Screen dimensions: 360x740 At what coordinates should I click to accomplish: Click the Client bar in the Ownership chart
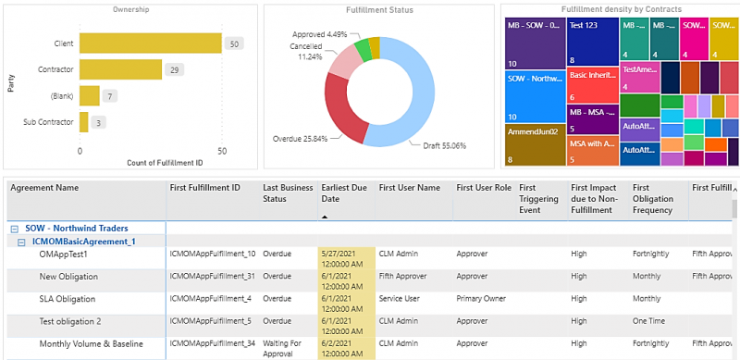pyautogui.click(x=150, y=43)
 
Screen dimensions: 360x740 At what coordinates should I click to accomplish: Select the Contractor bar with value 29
pyautogui.click(x=120, y=69)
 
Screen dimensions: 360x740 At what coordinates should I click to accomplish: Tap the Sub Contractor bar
pyautogui.click(x=84, y=121)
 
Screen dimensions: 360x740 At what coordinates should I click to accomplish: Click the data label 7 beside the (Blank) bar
pyautogui.click(x=110, y=95)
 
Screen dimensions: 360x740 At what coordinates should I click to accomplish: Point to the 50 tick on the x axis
pyautogui.click(x=222, y=150)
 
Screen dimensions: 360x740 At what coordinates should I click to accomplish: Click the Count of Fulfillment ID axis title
pyautogui.click(x=152, y=163)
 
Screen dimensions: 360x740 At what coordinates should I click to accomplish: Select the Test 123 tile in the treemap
pyautogui.click(x=591, y=42)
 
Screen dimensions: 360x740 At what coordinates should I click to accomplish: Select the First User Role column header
pyautogui.click(x=484, y=188)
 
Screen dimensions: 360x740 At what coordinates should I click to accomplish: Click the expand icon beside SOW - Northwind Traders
pyautogui.click(x=14, y=228)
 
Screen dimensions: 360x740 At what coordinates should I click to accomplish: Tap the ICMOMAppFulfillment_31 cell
pyautogui.click(x=212, y=277)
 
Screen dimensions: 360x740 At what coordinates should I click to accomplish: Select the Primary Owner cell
pyautogui.click(x=482, y=299)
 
